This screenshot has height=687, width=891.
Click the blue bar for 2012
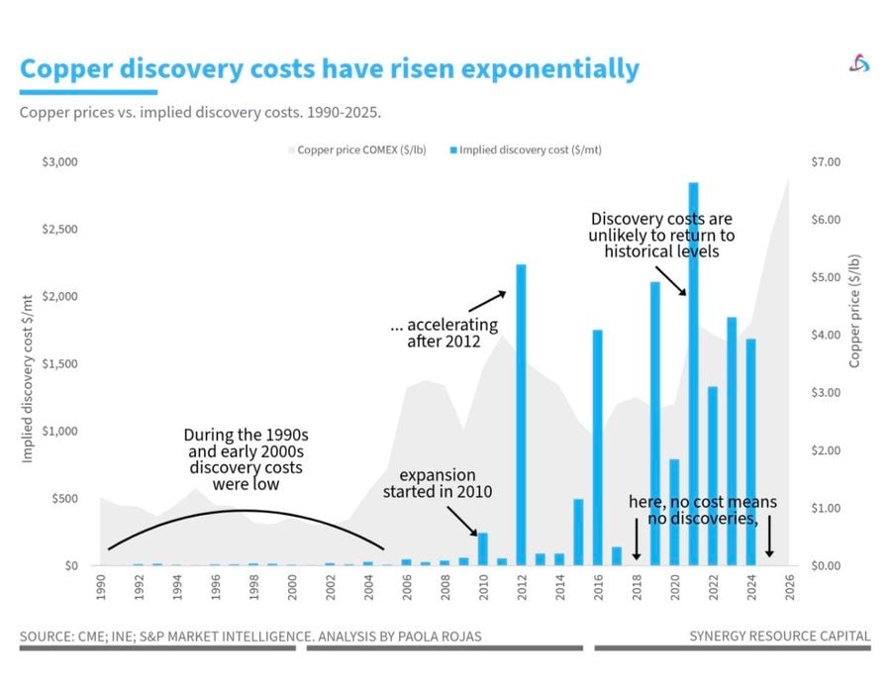tap(521, 415)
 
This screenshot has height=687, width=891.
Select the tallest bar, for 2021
tap(693, 374)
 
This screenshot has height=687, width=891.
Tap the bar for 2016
tap(597, 447)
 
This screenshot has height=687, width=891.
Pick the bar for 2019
tap(655, 424)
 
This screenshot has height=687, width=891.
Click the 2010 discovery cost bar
tap(483, 549)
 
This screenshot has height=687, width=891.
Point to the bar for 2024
tap(750, 452)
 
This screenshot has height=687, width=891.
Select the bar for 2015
tap(578, 532)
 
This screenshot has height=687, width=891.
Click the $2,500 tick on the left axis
tap(59, 229)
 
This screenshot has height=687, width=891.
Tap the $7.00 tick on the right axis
tap(826, 162)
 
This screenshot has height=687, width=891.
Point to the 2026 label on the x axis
tap(789, 587)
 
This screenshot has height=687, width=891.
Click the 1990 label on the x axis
tap(101, 587)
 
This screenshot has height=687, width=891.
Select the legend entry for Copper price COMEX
tap(357, 150)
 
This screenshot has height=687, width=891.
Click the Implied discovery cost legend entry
tap(526, 150)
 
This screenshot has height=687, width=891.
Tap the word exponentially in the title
tap(550, 69)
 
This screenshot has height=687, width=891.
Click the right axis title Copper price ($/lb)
tap(854, 311)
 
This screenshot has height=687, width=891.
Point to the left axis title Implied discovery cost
tap(27, 378)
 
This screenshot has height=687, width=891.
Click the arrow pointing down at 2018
tap(637, 539)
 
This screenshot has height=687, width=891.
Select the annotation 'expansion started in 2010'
tap(438, 483)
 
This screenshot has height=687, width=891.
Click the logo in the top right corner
tap(859, 63)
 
